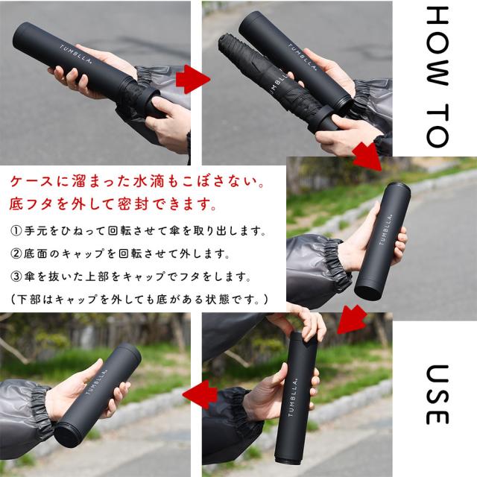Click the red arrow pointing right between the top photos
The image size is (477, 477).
pyautogui.click(x=195, y=78)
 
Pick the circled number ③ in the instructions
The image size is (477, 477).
pyautogui.click(x=17, y=277)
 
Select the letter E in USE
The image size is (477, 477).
pyautogui.click(x=437, y=416)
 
